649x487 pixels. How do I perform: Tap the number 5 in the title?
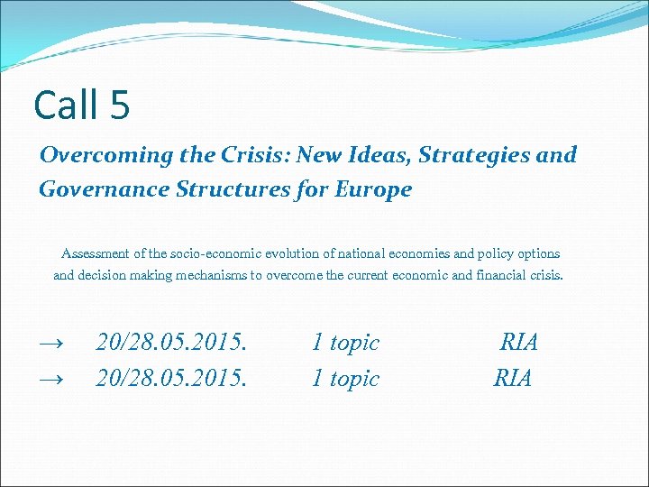(x=120, y=106)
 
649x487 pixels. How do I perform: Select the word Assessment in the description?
(x=95, y=253)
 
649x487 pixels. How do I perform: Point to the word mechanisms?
(x=206, y=275)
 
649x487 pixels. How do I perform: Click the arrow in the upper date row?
(x=51, y=344)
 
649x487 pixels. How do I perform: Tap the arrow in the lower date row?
(x=51, y=380)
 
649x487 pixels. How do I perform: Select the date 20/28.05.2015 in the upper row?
(x=171, y=343)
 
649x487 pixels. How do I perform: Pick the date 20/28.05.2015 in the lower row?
(x=171, y=379)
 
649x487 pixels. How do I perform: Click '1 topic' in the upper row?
(x=345, y=343)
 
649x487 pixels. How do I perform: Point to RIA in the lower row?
(x=513, y=379)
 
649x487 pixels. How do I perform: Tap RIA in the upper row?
(x=519, y=343)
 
